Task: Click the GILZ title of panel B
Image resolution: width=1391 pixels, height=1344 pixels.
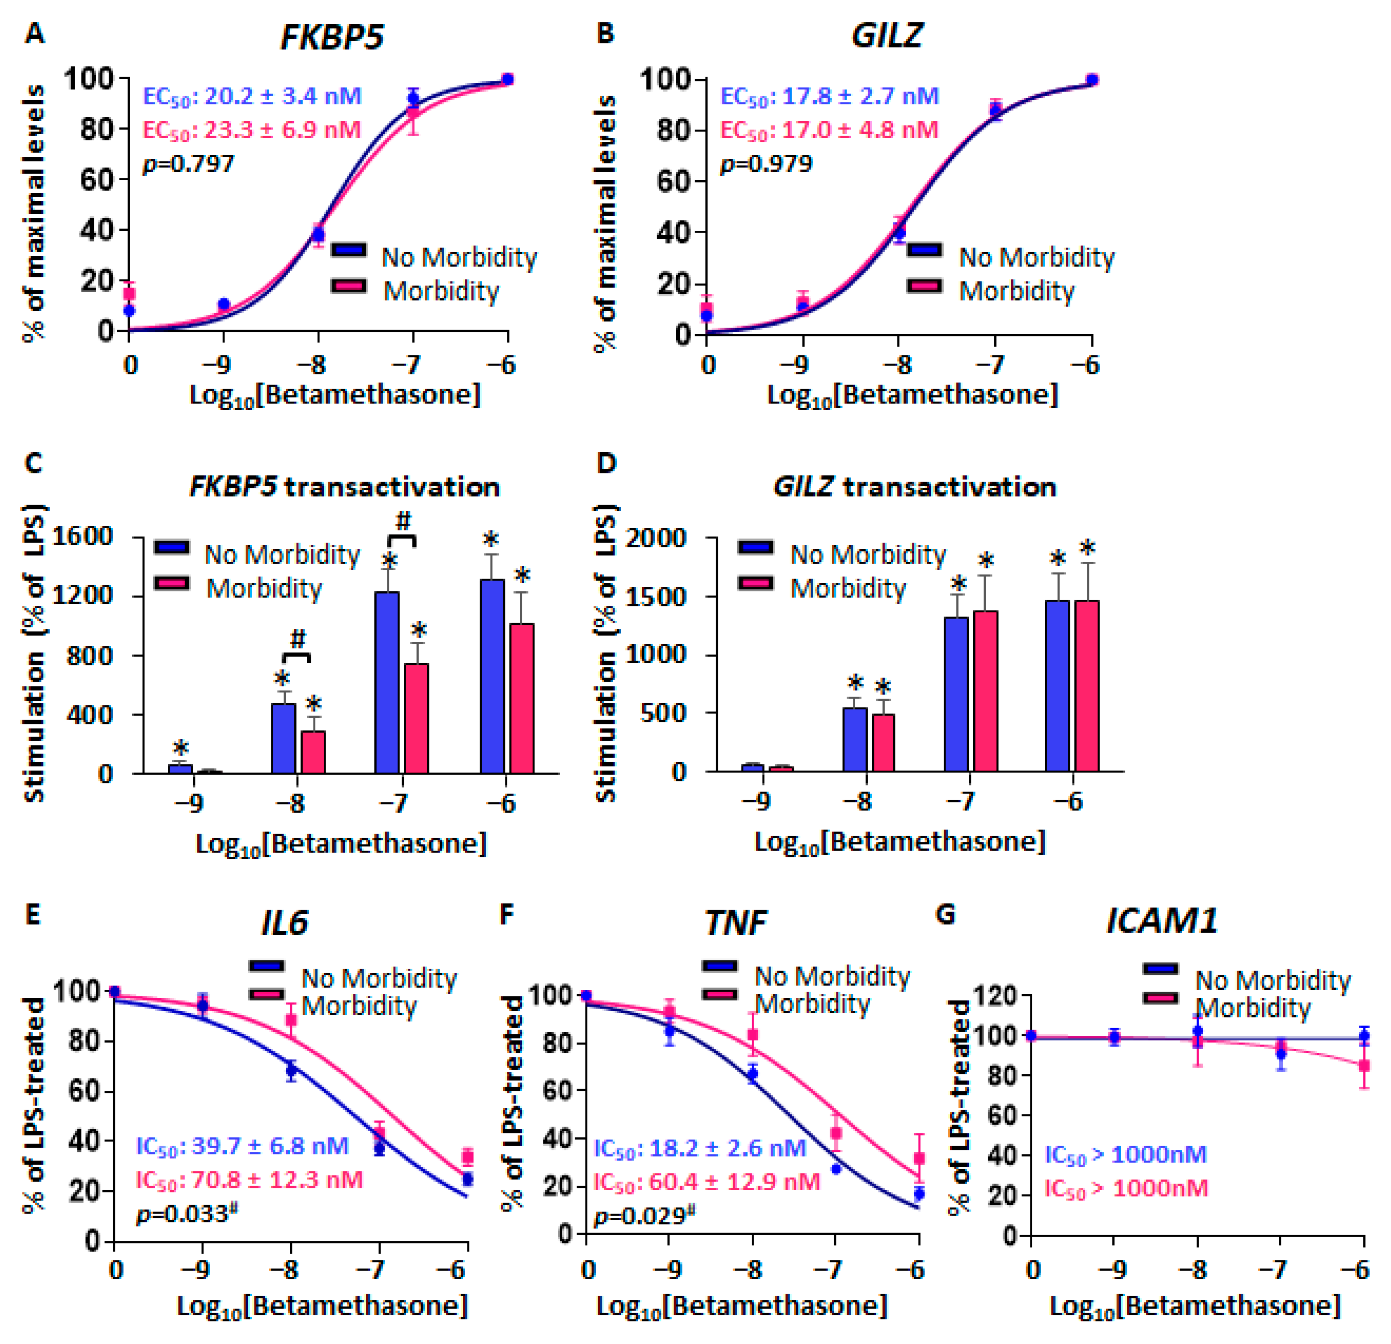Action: pyautogui.click(x=886, y=35)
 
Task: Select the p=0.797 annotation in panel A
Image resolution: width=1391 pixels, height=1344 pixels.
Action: pyautogui.click(x=188, y=164)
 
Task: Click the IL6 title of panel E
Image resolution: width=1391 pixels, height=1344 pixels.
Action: pyautogui.click(x=284, y=923)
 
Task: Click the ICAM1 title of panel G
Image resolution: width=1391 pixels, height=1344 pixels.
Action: pyautogui.click(x=1162, y=921)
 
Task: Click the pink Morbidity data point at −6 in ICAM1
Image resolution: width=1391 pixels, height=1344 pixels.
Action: pyautogui.click(x=1363, y=1066)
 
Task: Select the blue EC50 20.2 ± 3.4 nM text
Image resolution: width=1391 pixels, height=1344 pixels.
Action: pyautogui.click(x=252, y=96)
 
